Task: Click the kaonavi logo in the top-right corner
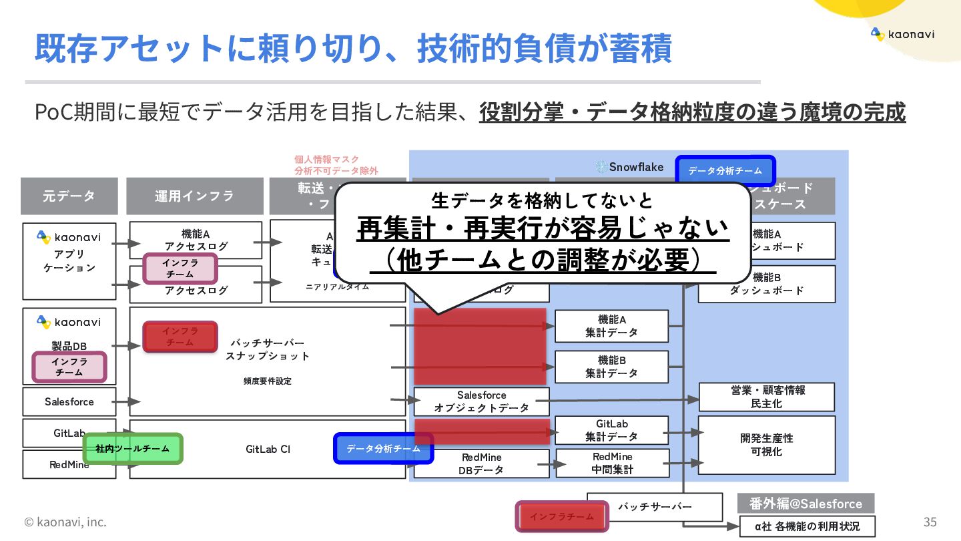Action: coord(902,34)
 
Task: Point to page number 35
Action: coord(930,522)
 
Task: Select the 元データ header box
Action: coord(69,196)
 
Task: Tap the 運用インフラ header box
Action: coord(195,196)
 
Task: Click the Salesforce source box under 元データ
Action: coord(69,402)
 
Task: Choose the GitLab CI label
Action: coord(268,449)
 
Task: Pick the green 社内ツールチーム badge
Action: coord(133,449)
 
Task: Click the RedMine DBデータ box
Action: coord(481,464)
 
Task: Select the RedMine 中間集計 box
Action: coord(613,463)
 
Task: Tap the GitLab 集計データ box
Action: coord(611,430)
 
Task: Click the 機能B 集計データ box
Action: coord(611,367)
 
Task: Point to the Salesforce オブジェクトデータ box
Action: coord(481,401)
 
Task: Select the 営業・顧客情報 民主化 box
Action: coord(766,397)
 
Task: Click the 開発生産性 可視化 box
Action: coord(766,445)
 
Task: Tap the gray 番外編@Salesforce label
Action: coord(806,504)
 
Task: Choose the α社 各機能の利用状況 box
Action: coord(807,526)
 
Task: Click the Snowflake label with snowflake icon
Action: coord(630,167)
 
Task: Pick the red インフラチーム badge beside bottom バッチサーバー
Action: coord(562,516)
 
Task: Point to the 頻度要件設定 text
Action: coord(268,381)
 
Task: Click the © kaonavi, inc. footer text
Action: coord(65,522)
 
